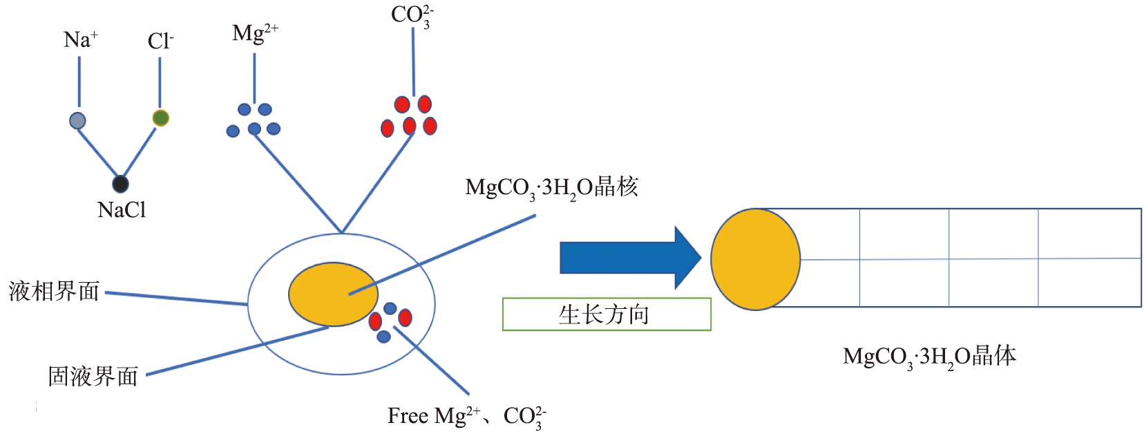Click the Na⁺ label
[81, 39]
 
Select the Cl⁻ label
[160, 41]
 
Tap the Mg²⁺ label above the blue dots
[256, 34]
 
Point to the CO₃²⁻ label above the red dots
[412, 16]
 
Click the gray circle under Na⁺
[77, 120]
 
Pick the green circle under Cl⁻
[161, 118]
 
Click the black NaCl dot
[120, 184]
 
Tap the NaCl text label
[122, 209]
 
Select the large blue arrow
[630, 258]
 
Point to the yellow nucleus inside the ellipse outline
[333, 294]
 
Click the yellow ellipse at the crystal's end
[755, 259]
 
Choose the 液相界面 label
[54, 291]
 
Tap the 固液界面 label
[93, 377]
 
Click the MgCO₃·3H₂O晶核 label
[551, 188]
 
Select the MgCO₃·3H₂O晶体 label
[930, 357]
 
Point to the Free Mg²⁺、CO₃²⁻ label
[467, 417]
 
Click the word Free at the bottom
[408, 415]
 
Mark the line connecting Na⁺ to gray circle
[79, 82]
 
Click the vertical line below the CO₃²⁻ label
[413, 62]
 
